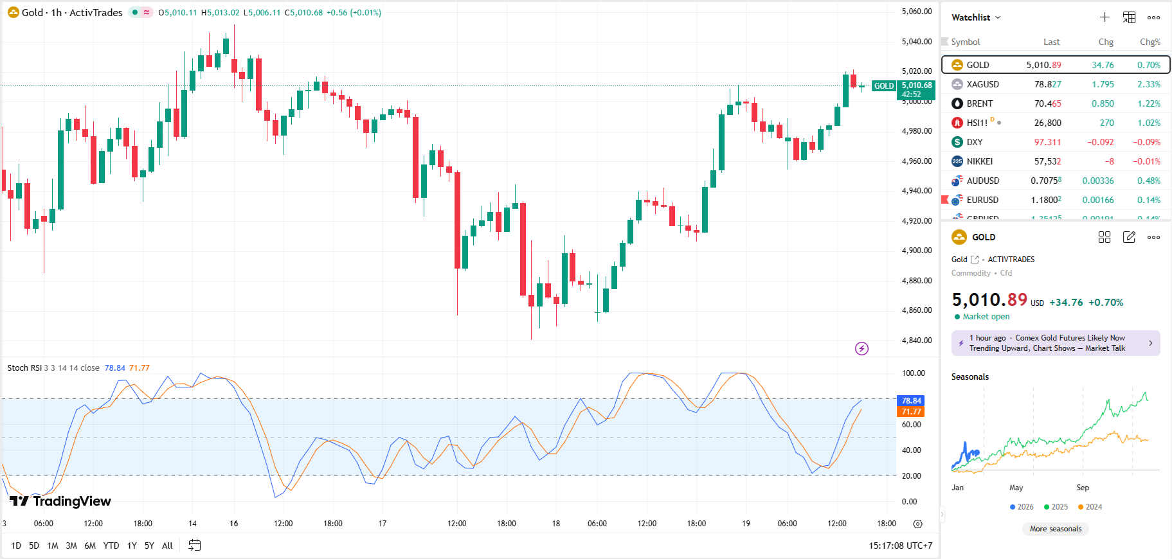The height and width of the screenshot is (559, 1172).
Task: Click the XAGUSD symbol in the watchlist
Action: point(982,84)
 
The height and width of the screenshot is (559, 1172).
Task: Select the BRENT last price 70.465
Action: point(1047,103)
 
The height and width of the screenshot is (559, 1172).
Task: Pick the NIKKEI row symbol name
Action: point(979,161)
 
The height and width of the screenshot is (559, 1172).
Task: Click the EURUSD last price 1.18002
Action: point(1046,200)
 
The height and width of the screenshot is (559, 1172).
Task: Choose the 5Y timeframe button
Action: point(149,546)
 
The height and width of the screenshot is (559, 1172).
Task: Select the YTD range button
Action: point(111,546)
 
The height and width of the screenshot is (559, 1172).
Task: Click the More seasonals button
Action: point(1056,529)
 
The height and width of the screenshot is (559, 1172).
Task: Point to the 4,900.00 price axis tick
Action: point(916,251)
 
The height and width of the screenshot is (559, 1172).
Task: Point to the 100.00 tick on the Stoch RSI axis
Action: point(913,373)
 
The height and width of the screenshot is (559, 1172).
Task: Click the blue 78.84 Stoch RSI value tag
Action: point(911,401)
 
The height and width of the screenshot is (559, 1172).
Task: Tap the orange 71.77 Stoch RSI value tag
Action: point(911,412)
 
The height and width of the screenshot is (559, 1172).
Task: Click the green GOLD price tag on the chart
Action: point(883,86)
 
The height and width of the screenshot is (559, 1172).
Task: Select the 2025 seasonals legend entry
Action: point(1056,507)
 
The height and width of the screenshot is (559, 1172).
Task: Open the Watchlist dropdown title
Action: point(975,17)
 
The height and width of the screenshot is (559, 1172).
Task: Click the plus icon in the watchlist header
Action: point(1104,17)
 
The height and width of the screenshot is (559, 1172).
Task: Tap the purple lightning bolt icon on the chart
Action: point(861,348)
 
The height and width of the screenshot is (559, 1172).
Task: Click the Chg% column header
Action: point(1149,42)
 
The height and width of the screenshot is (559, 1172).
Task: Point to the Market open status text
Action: point(986,317)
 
